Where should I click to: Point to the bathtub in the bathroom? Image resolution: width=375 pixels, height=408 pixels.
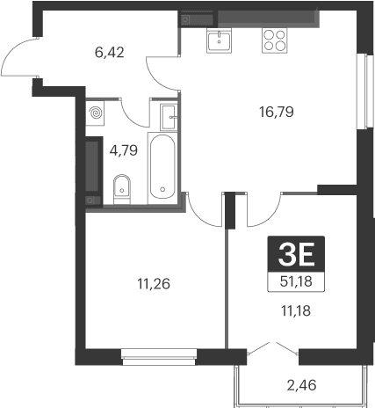(x=163, y=166)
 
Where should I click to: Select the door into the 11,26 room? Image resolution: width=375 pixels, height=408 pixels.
(x=205, y=208)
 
